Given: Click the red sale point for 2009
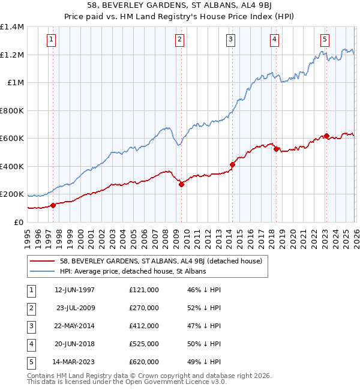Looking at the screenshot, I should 181,185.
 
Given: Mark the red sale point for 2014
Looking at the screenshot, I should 232,164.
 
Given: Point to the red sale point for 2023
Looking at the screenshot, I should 326,136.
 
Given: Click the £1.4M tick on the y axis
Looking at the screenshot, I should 12,27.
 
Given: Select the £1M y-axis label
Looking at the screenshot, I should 16,83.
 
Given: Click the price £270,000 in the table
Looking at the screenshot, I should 143,308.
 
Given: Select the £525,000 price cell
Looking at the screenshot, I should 143,344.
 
